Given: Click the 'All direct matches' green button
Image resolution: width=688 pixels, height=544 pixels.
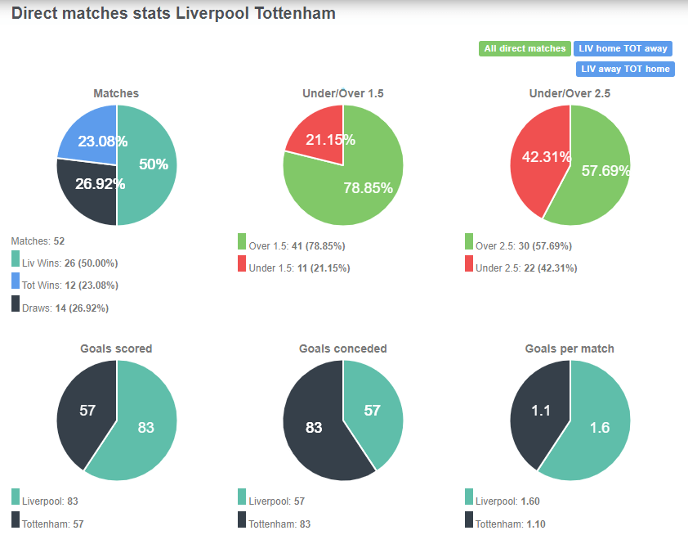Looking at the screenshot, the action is click(524, 49).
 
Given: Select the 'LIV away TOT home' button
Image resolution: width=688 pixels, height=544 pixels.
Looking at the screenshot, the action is click(625, 69).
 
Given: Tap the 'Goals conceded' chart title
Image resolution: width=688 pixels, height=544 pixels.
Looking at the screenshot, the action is click(342, 348).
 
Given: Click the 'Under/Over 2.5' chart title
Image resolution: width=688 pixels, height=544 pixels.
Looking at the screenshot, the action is click(570, 93).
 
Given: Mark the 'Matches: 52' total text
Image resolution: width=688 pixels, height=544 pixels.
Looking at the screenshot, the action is click(38, 241).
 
